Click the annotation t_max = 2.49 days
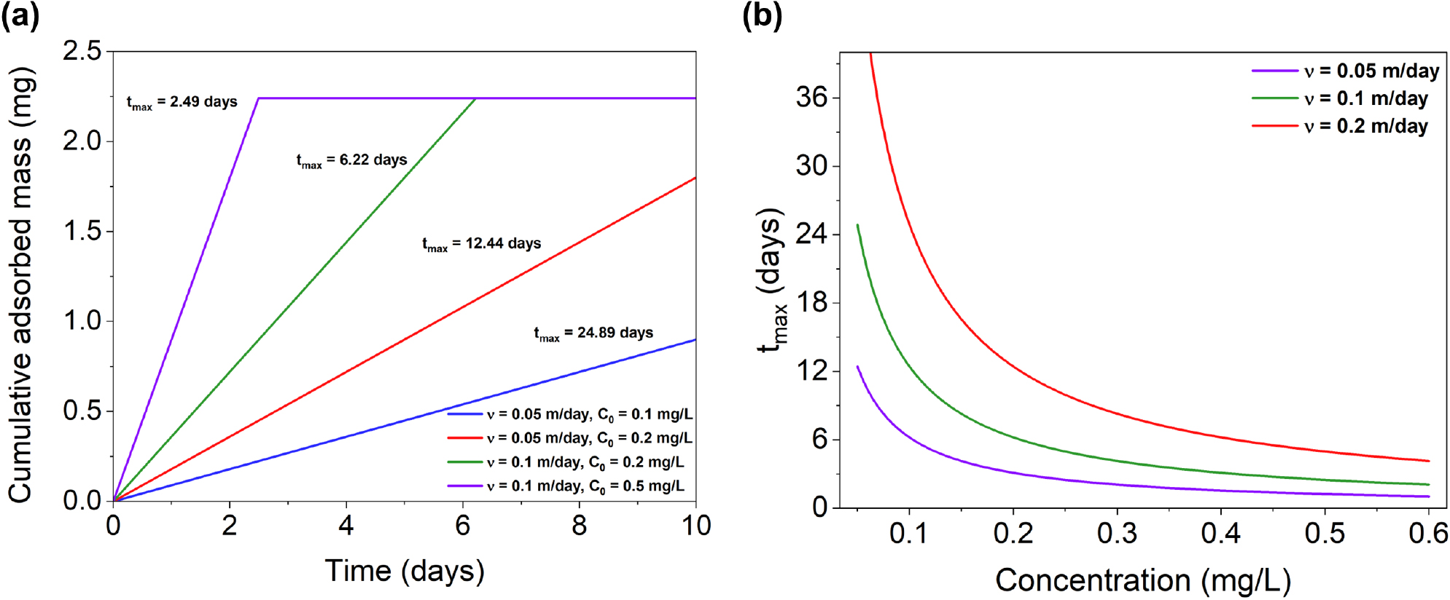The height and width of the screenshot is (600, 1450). (x=182, y=103)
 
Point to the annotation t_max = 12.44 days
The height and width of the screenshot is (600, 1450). (x=481, y=244)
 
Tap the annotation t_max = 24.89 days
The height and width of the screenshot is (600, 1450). (x=593, y=334)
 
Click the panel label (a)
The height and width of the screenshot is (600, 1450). (x=20, y=15)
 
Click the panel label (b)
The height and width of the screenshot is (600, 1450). (x=762, y=15)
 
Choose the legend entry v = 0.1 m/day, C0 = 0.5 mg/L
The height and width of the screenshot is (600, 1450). (x=566, y=486)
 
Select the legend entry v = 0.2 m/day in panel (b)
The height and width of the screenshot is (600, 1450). (x=1340, y=126)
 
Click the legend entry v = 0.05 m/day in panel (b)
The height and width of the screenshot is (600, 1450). (x=1345, y=71)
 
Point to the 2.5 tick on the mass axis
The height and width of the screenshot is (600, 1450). (x=82, y=51)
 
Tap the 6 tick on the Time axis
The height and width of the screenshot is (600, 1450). (x=463, y=526)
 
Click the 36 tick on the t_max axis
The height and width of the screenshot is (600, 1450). (x=812, y=97)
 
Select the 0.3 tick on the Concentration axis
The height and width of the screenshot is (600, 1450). (x=1117, y=534)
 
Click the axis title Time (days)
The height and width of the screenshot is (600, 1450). (x=405, y=571)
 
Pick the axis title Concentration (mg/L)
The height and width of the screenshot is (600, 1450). (x=1143, y=581)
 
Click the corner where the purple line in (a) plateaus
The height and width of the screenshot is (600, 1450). (x=258, y=98)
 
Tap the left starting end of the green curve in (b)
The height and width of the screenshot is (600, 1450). (x=857, y=225)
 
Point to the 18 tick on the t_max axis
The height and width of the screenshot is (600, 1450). (x=812, y=303)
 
